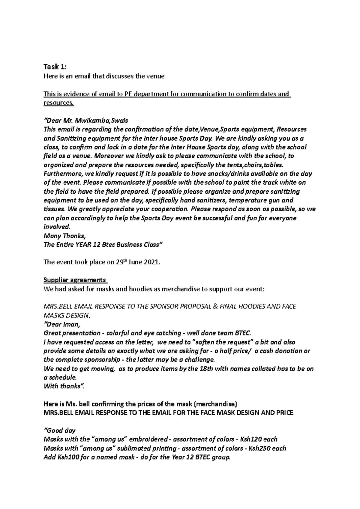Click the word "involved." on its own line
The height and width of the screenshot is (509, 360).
pos(57,227)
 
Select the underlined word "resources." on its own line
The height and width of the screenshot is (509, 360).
pos(58,103)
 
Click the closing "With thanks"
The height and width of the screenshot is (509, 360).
pos(62,386)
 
